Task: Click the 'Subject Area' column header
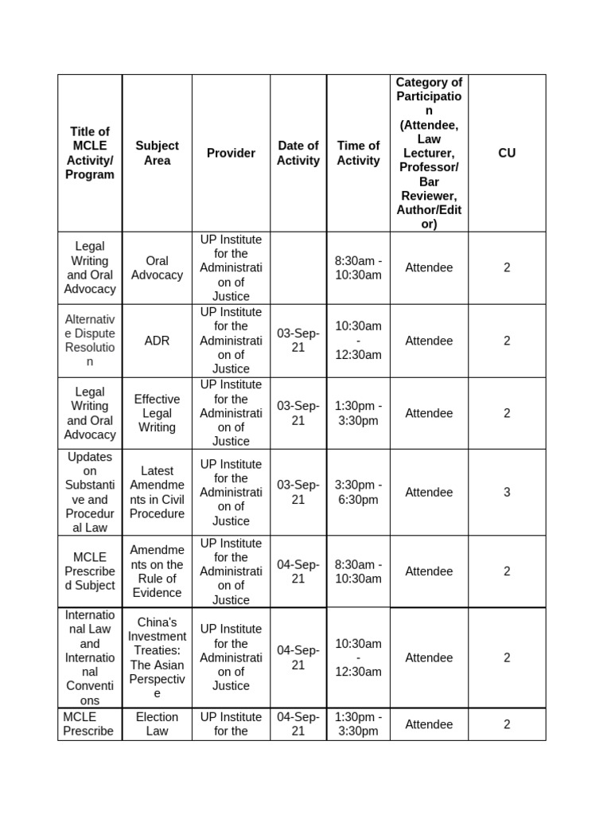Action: [x=157, y=153]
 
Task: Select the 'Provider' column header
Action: [x=231, y=153]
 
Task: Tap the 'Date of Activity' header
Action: [x=298, y=153]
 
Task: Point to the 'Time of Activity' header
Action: [x=358, y=153]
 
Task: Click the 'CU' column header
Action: [x=507, y=153]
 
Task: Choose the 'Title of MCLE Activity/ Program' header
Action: [x=90, y=153]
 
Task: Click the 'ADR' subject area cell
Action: [x=157, y=341]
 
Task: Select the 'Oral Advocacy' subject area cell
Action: [x=157, y=267]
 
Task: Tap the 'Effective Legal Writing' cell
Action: [x=157, y=413]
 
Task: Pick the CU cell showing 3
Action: [x=507, y=493]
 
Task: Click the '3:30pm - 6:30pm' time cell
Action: [x=358, y=493]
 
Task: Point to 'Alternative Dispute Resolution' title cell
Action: [x=90, y=341]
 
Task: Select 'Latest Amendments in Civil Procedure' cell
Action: [x=157, y=493]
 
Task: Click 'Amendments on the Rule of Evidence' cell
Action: [x=157, y=571]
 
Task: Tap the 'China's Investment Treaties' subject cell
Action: [x=157, y=657]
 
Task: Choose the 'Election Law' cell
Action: [x=157, y=723]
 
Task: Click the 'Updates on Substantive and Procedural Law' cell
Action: [x=90, y=493]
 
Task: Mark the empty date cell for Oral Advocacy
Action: [x=298, y=267]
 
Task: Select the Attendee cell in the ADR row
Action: [x=429, y=341]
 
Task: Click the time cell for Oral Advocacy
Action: [x=358, y=267]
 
